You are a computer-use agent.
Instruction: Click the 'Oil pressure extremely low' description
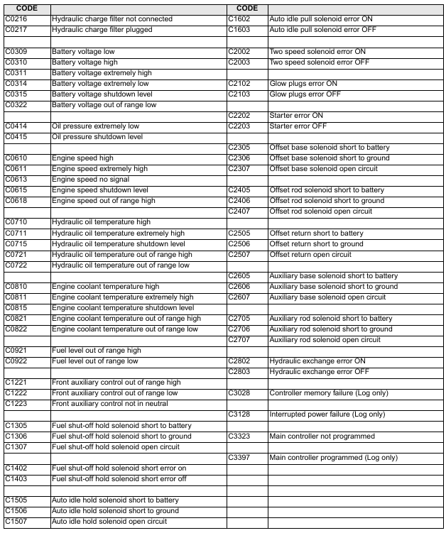[x=95, y=126]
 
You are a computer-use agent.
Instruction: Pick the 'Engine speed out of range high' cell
[x=103, y=201]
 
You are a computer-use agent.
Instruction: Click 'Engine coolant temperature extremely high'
[x=122, y=297]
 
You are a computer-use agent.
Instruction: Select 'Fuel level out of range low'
[x=94, y=361]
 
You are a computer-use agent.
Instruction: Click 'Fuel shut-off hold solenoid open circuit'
[x=115, y=447]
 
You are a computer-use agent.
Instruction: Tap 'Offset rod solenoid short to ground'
[x=326, y=201]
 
